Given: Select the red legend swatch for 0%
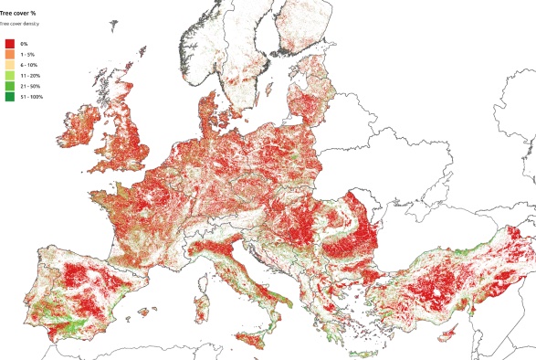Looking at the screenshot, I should tap(10, 43).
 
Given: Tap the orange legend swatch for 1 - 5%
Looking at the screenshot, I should tap(10, 54).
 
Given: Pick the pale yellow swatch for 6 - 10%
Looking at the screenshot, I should tap(10, 65).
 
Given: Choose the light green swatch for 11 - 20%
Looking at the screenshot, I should tap(10, 76).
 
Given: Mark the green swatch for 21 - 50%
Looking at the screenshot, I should tap(10, 87).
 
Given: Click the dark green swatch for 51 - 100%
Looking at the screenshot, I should tap(10, 98).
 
